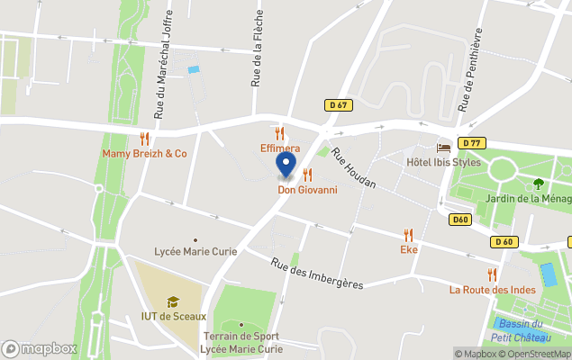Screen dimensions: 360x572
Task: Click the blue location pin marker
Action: pyautogui.click(x=286, y=165)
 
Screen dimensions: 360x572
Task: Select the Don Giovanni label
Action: pyautogui.click(x=307, y=189)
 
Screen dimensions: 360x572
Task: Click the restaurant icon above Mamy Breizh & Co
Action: pyautogui.click(x=144, y=139)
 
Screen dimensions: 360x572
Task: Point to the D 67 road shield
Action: pyautogui.click(x=338, y=105)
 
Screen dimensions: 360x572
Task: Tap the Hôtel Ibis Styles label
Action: pyautogui.click(x=443, y=162)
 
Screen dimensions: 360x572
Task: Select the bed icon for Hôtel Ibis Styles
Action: pyautogui.click(x=443, y=148)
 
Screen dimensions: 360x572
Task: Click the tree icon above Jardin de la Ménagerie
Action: pyautogui.click(x=539, y=184)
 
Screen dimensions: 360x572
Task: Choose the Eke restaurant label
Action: pyautogui.click(x=409, y=249)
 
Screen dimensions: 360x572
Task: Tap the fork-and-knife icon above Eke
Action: pyautogui.click(x=409, y=234)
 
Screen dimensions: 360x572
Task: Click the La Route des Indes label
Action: pyautogui.click(x=492, y=290)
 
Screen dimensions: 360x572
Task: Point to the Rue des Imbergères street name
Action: pyautogui.click(x=317, y=273)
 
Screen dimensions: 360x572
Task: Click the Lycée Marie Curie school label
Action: pyautogui.click(x=195, y=251)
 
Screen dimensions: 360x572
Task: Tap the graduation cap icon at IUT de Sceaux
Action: pyautogui.click(x=173, y=301)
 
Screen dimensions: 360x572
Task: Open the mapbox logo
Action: pyautogui.click(x=40, y=348)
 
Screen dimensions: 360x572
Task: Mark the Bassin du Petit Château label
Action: pyautogui.click(x=522, y=330)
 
